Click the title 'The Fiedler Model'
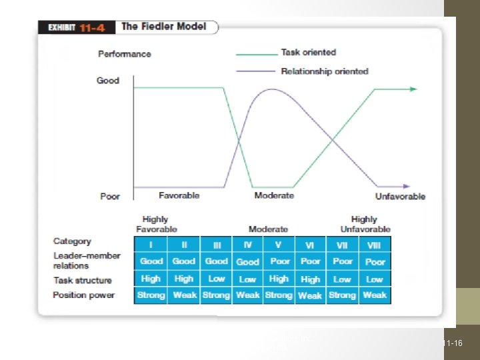click(163, 27)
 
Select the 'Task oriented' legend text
click(308, 52)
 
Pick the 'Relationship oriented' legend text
click(325, 71)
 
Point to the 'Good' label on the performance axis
click(108, 81)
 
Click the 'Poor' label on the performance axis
click(110, 197)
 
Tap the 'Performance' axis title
click(125, 54)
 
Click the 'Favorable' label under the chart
click(179, 195)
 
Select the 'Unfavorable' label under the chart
click(400, 196)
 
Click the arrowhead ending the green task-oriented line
click(415, 88)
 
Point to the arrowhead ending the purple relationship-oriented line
click(405, 187)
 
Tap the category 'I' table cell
click(151, 245)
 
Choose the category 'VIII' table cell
click(374, 245)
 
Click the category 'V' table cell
click(279, 245)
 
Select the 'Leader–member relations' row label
click(87, 261)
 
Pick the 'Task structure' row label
click(83, 281)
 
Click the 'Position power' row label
click(84, 295)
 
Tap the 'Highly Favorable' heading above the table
click(157, 224)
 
